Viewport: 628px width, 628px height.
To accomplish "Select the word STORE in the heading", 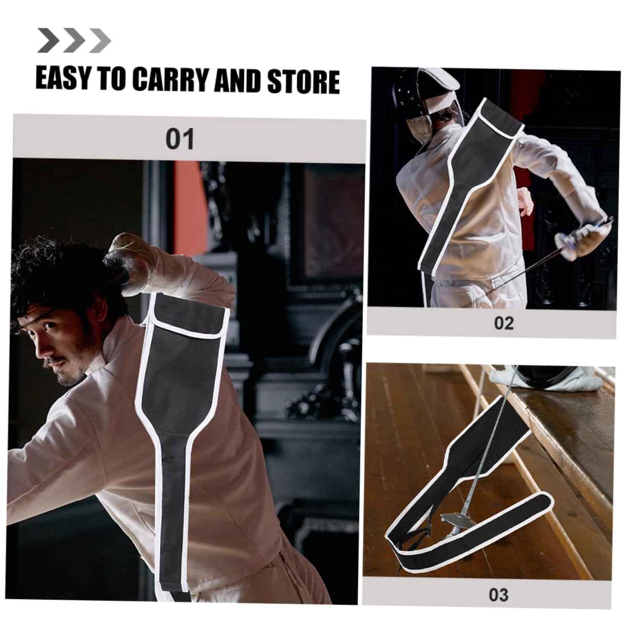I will [x=303, y=81].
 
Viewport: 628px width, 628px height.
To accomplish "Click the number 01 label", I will [x=180, y=139].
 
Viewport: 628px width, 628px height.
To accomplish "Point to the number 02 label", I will [x=503, y=323].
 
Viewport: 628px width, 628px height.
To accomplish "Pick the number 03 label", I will [x=498, y=595].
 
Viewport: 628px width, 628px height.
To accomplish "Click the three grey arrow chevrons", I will [x=73, y=41].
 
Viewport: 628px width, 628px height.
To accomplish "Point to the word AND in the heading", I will [x=240, y=81].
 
